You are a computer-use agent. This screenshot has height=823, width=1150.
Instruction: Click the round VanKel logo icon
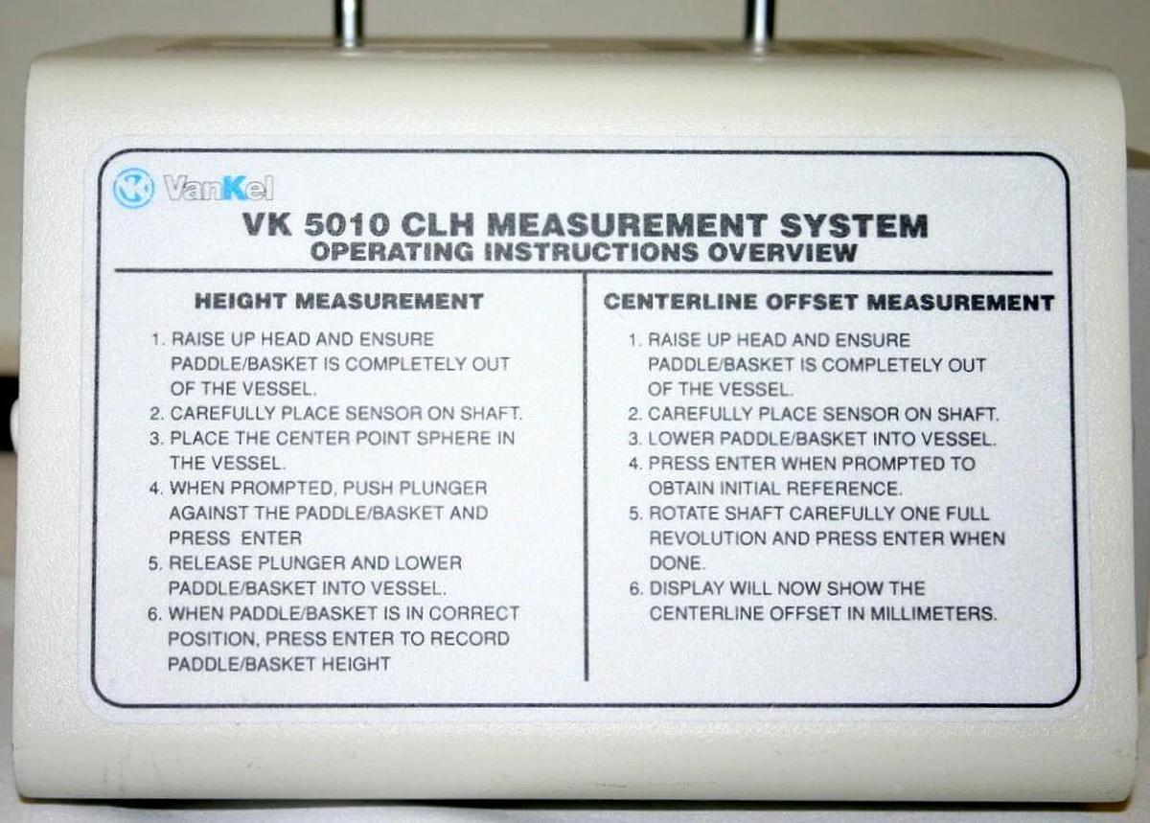pyautogui.click(x=132, y=188)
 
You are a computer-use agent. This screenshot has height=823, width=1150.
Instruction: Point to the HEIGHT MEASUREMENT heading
pyautogui.click(x=339, y=302)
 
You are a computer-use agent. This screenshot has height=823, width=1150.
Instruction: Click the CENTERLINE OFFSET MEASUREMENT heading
pyautogui.click(x=829, y=303)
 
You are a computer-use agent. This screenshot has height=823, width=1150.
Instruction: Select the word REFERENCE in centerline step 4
pyautogui.click(x=855, y=489)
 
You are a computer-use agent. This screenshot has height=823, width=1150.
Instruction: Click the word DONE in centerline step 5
pyautogui.click(x=676, y=563)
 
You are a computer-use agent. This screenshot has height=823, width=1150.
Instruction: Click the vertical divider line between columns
pyautogui.click(x=586, y=479)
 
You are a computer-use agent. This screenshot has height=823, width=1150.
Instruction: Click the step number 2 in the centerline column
pyautogui.click(x=633, y=414)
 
